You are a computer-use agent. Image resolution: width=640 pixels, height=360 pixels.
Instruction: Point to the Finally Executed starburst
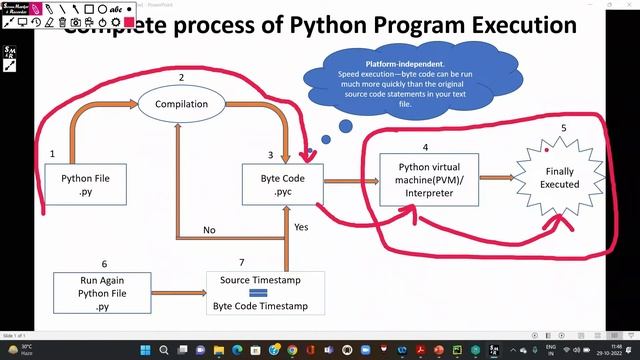[x=560, y=178]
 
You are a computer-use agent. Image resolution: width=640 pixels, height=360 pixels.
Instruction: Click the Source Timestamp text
[x=259, y=279]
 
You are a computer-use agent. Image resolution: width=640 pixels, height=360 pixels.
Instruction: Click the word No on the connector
[x=209, y=230]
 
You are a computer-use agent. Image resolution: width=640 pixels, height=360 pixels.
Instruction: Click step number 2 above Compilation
[x=181, y=78]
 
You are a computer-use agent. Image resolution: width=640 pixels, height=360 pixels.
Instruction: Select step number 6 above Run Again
[x=104, y=263]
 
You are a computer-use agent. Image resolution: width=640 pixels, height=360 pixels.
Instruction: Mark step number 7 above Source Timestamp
[x=241, y=262]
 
